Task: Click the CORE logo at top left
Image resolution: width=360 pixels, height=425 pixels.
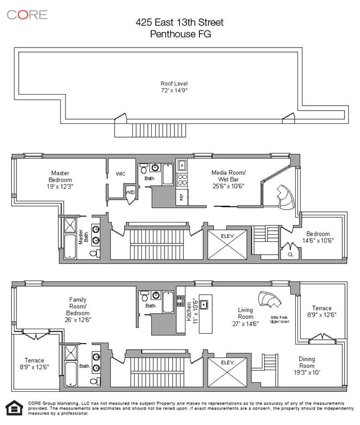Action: pyautogui.click(x=27, y=14)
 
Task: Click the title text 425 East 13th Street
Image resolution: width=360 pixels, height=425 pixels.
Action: pyautogui.click(x=181, y=23)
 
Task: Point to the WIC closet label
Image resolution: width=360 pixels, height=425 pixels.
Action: pyautogui.click(x=120, y=174)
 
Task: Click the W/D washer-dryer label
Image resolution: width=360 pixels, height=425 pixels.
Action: pyautogui.click(x=131, y=193)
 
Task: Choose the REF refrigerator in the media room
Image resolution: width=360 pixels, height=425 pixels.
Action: pyautogui.click(x=181, y=198)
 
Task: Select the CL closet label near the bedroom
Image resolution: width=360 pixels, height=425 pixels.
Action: pyautogui.click(x=290, y=255)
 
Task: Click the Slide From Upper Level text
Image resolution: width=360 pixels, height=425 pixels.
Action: pyautogui.click(x=280, y=319)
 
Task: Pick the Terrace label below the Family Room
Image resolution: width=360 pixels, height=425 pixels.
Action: pyautogui.click(x=33, y=364)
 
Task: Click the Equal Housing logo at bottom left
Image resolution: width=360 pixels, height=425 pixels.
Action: pyautogui.click(x=12, y=408)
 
